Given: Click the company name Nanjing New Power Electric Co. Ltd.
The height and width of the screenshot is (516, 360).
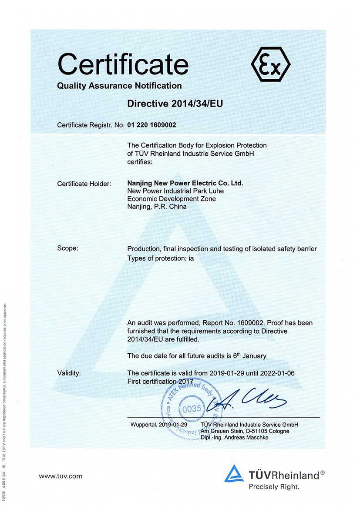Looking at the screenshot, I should tap(185, 183).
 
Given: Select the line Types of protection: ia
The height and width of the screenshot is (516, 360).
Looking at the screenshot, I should tap(160, 258).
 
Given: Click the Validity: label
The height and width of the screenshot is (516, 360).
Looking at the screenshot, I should tap(69, 373).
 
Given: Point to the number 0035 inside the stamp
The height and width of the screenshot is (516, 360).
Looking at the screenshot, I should tap(192, 409).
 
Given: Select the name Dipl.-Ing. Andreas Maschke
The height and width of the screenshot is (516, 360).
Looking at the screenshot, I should tap(235, 437).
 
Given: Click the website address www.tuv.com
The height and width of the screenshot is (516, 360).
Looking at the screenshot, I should tap(61, 476).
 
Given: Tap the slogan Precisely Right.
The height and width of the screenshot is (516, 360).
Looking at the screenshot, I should tap(274, 487).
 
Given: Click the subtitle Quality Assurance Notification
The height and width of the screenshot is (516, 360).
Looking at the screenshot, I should tap(119, 86).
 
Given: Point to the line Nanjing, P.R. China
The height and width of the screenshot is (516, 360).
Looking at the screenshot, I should tap(157, 207).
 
